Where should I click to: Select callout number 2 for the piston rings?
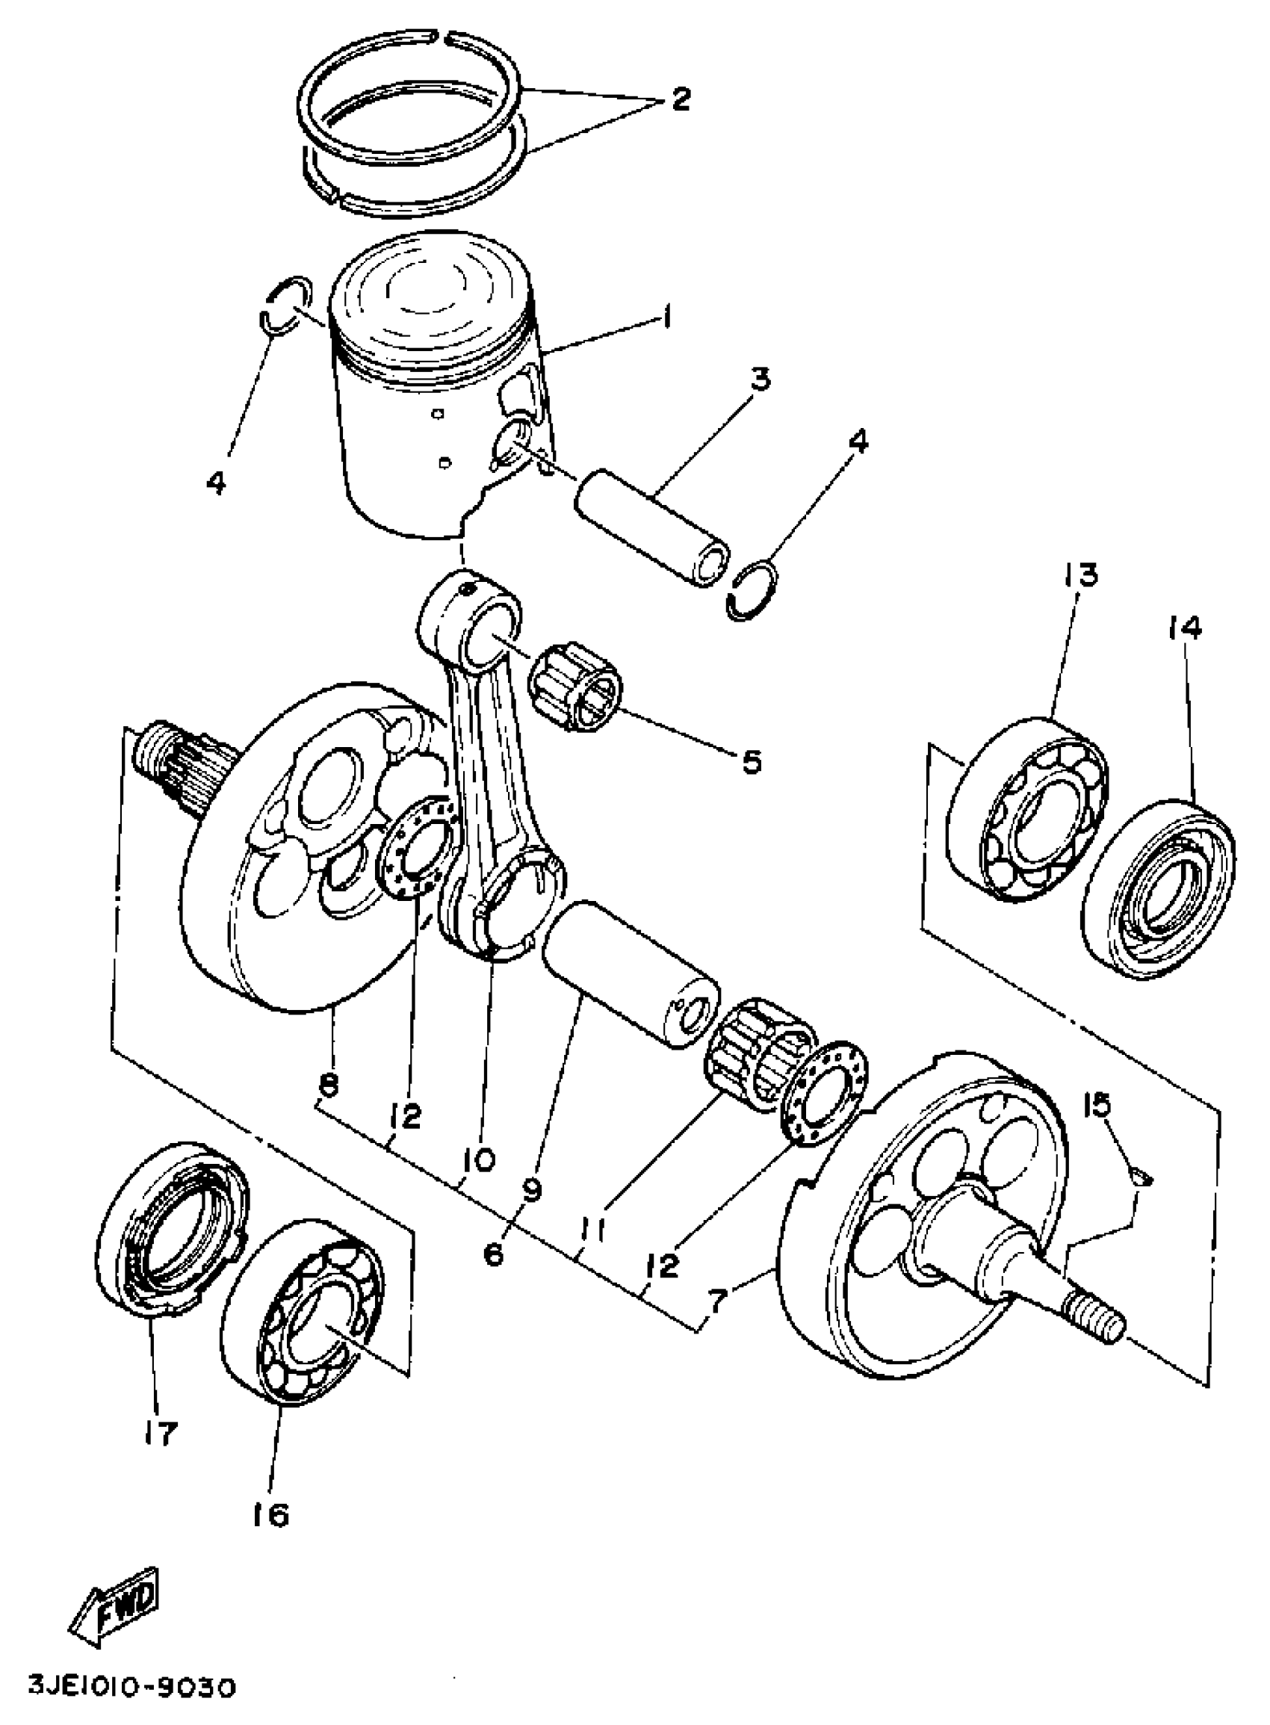[x=680, y=99]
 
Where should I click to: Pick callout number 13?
[x=1081, y=574]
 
